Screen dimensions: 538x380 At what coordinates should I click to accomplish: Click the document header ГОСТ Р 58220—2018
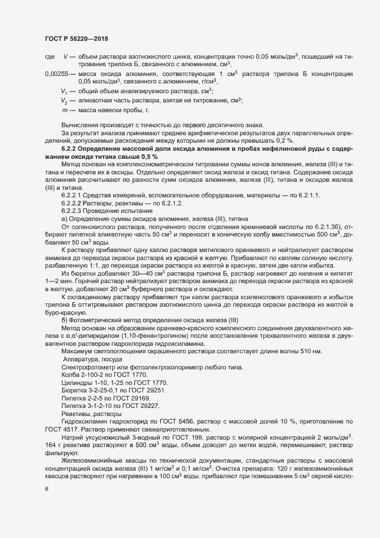(x=75, y=39)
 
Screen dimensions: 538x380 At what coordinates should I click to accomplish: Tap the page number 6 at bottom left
(x=47, y=488)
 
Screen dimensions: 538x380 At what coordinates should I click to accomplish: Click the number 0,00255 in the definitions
(x=56, y=75)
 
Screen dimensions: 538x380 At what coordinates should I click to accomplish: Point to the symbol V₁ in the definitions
(x=65, y=91)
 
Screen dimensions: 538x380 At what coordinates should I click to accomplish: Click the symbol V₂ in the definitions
(x=65, y=101)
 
